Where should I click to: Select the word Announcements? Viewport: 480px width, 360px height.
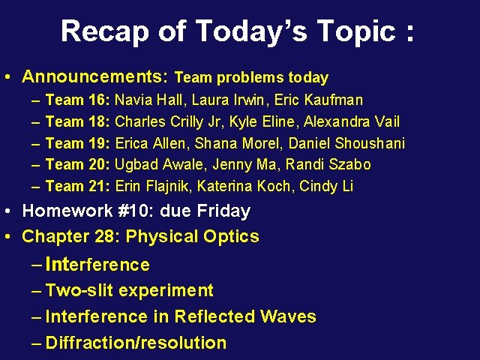95,76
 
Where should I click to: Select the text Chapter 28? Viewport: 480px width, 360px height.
70,237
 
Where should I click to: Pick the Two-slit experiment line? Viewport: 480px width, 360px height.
129,291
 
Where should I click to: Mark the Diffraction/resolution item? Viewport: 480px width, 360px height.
136,343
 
